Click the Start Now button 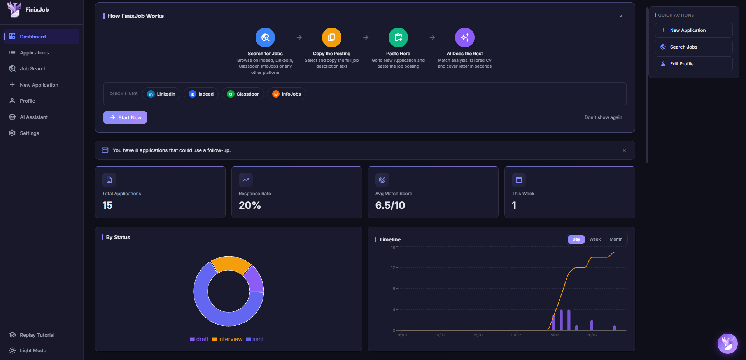click(x=125, y=117)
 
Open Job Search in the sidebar click(x=33, y=69)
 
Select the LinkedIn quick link click(x=161, y=94)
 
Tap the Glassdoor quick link click(x=243, y=94)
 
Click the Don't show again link click(x=603, y=117)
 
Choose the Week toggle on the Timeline click(x=595, y=239)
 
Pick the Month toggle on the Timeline click(x=616, y=239)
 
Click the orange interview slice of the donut click(x=230, y=264)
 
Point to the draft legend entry click(x=199, y=339)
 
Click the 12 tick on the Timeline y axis click(x=393, y=268)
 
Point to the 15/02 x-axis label click(x=554, y=335)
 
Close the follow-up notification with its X click(x=624, y=150)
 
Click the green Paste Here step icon click(x=398, y=37)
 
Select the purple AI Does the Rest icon click(x=464, y=37)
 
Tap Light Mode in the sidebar click(x=33, y=351)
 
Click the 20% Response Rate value click(x=250, y=205)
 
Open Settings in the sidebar click(x=30, y=133)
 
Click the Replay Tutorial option click(x=37, y=335)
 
